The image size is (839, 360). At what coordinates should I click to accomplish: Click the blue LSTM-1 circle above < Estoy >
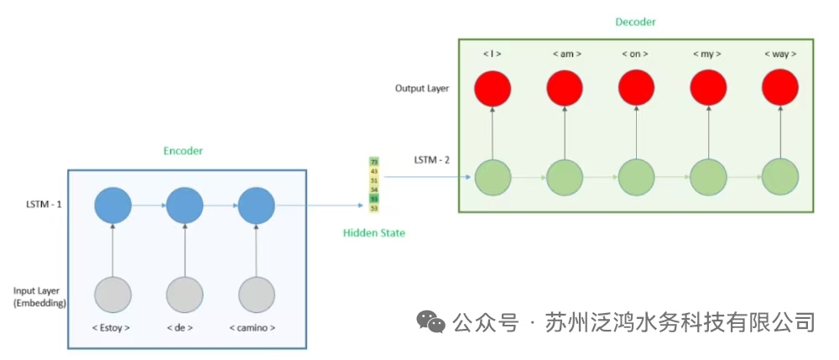click(113, 204)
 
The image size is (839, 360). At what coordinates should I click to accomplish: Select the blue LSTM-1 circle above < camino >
click(257, 204)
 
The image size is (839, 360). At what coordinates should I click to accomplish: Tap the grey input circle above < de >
click(185, 295)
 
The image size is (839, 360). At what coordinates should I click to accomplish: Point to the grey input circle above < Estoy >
click(113, 295)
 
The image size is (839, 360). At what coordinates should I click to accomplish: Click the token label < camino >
click(252, 327)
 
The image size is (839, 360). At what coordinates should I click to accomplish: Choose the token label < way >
click(780, 54)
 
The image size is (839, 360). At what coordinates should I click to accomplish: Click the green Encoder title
click(183, 151)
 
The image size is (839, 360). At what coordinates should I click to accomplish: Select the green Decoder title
click(634, 23)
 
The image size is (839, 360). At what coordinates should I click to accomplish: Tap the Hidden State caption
click(374, 232)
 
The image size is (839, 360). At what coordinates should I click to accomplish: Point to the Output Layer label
click(421, 88)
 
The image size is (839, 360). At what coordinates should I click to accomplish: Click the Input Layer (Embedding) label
click(39, 296)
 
